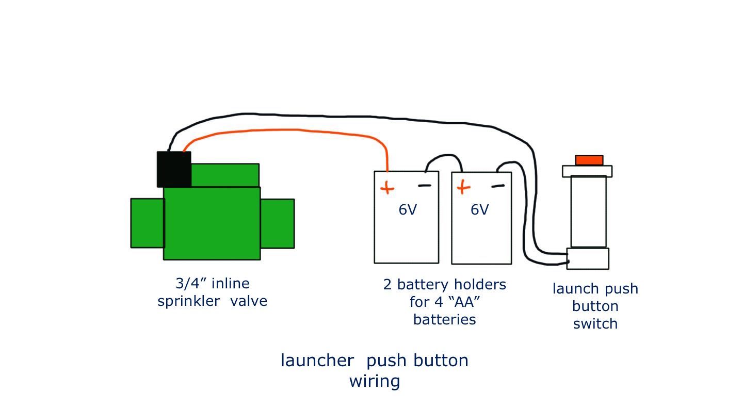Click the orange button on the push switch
(x=589, y=160)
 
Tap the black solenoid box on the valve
(x=174, y=169)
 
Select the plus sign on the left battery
(x=386, y=188)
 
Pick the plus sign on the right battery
(x=463, y=187)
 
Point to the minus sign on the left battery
(x=424, y=186)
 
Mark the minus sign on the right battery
(x=498, y=186)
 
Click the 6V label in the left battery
(x=407, y=210)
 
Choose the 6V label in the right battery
(x=479, y=210)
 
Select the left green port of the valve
(x=147, y=223)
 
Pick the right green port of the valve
(x=277, y=223)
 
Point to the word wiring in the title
(x=375, y=382)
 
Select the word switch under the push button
(x=595, y=324)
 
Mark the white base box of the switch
(x=588, y=258)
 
